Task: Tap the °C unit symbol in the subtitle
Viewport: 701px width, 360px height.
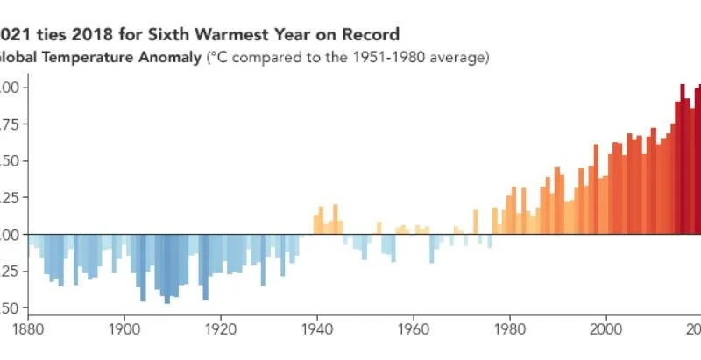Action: click(x=217, y=59)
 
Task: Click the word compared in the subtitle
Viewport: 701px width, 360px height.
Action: click(x=266, y=59)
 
